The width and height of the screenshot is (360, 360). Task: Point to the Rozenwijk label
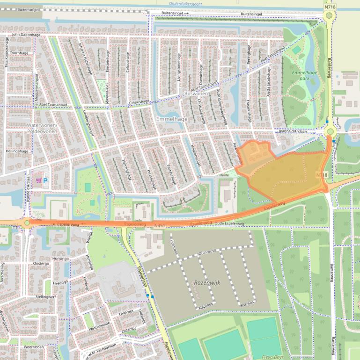click(206, 283)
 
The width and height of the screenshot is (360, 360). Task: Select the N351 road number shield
click(160, 225)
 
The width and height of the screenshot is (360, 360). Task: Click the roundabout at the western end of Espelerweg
click(27, 223)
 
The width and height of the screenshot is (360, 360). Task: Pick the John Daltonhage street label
click(27, 34)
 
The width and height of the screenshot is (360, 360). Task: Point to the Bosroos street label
click(247, 303)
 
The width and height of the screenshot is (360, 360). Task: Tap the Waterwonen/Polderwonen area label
click(42, 129)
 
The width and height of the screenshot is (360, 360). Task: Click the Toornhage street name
click(20, 54)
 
